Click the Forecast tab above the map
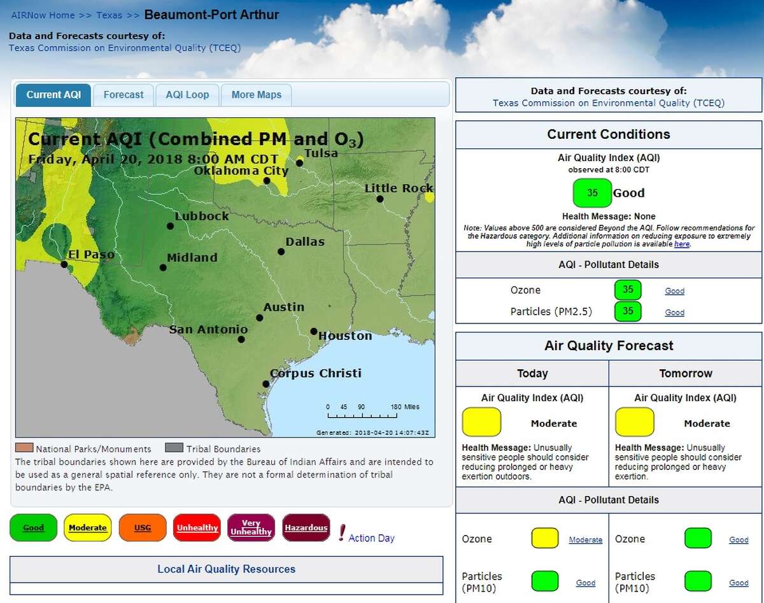(x=124, y=95)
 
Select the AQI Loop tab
(x=187, y=95)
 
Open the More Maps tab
(x=256, y=95)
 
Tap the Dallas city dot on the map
(x=281, y=252)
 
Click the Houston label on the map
(x=345, y=336)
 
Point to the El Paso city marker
(x=64, y=264)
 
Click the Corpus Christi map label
(x=316, y=373)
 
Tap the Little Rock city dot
(x=380, y=199)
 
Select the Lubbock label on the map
(x=202, y=216)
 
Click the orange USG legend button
(x=143, y=528)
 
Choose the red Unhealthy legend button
(x=197, y=528)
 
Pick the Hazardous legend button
(x=306, y=528)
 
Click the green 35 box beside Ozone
(x=628, y=290)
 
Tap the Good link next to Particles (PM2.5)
(x=674, y=313)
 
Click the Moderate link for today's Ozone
(x=585, y=540)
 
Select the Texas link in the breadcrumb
(x=109, y=15)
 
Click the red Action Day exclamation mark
(x=342, y=532)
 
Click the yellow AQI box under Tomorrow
(x=634, y=422)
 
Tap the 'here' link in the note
(x=682, y=244)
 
